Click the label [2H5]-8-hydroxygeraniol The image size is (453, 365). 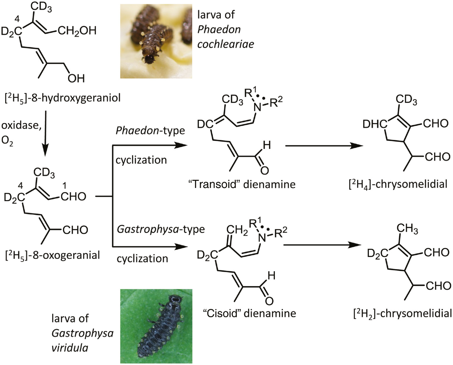[x=63, y=98]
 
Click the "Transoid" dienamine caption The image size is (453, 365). [x=242, y=184]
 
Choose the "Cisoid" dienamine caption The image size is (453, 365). [x=250, y=313]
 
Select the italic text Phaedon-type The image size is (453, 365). [x=150, y=130]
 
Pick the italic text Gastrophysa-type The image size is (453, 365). [x=161, y=229]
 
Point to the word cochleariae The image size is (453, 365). [x=226, y=44]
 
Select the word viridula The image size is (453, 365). [x=70, y=348]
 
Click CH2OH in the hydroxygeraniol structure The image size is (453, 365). [x=77, y=31]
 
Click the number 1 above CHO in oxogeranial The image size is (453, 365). [x=64, y=186]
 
